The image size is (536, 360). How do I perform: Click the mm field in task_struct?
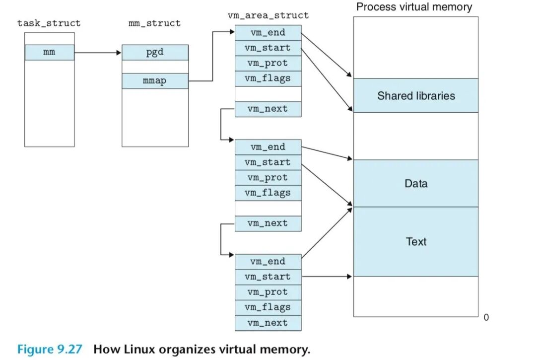point(49,52)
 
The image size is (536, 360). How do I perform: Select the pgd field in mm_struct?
point(155,52)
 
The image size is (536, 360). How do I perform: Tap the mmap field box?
point(155,81)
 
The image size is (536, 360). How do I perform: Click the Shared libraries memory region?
point(416,95)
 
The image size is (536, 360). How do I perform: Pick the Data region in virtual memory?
point(416,183)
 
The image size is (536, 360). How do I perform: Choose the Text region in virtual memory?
point(416,242)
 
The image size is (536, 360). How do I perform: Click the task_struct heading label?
point(49,23)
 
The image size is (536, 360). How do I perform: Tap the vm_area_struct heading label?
point(268,15)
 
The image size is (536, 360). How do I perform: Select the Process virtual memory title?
point(414,7)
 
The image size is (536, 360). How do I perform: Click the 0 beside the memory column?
point(486,317)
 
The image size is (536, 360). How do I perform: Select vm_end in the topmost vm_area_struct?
point(268,33)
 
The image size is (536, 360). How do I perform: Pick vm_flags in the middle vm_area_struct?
point(268,193)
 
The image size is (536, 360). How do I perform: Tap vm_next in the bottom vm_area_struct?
point(268,323)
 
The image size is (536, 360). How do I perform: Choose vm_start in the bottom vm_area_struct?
point(268,277)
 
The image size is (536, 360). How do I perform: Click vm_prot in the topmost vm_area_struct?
point(268,63)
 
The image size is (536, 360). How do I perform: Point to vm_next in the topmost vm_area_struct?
point(268,109)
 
